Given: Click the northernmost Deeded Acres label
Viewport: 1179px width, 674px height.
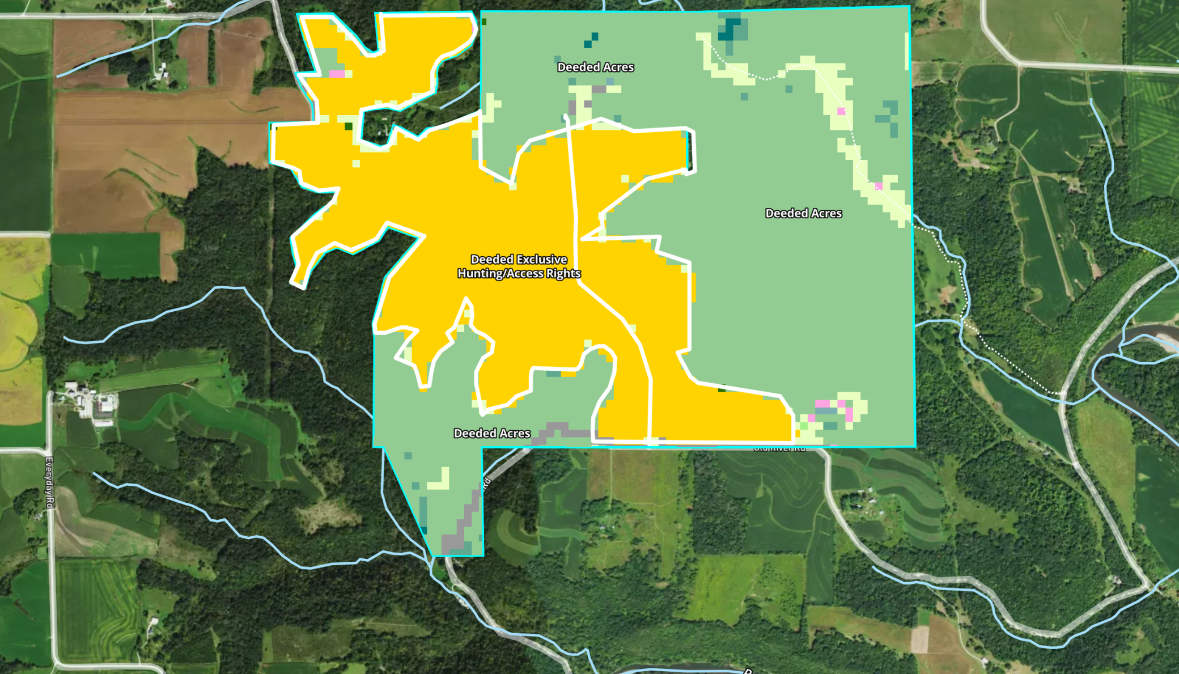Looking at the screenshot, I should coord(595,67).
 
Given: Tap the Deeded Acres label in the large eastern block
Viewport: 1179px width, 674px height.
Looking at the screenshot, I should coord(803,214).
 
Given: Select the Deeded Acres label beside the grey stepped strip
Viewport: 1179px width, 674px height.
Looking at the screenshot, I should coord(492,434).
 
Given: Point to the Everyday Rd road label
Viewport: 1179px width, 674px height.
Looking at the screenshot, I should coord(49,482).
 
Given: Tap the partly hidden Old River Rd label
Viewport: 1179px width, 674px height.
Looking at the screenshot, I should coord(779,449).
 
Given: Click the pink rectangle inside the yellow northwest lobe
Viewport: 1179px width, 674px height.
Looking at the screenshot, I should coord(337,74).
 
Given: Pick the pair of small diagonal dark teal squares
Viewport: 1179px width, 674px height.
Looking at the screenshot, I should coord(591,40).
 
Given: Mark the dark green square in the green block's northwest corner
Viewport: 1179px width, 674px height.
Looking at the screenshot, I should coord(484,22).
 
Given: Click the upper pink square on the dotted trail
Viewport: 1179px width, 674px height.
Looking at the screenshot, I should coord(841,112).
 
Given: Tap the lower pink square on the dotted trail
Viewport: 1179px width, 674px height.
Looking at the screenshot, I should coord(879,186).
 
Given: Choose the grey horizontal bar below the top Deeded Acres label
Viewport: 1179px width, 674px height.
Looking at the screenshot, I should coord(599,90).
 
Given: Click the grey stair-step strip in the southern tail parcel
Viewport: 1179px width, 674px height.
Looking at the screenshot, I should coord(465,522).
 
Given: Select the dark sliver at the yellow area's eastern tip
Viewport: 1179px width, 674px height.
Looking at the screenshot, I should coord(690,150).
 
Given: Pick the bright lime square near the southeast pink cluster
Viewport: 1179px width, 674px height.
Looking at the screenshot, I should coord(804,426).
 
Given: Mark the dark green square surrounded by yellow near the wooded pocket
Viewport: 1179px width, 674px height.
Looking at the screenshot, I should coord(349,126).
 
